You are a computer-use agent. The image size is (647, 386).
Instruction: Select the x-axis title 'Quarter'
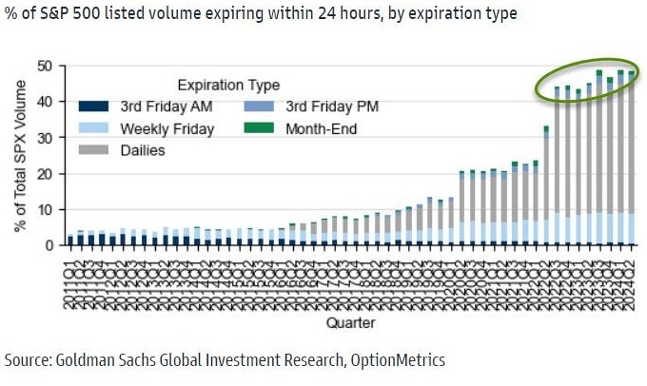pyautogui.click(x=349, y=323)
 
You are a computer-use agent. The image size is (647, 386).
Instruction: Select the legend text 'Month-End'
pyautogui.click(x=323, y=127)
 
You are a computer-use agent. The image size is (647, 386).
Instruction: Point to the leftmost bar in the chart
pyautogui.click(x=70, y=240)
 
